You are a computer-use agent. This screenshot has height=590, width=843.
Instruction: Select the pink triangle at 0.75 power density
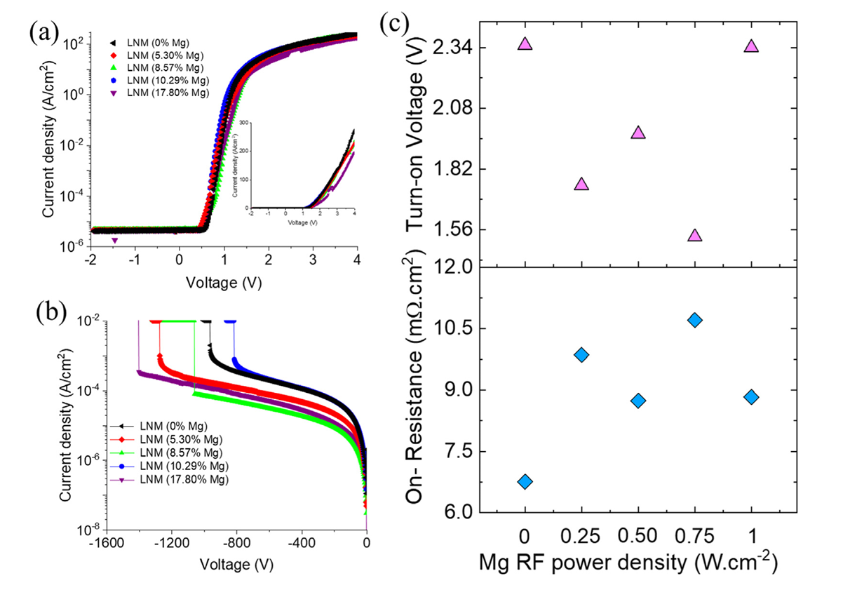(x=695, y=235)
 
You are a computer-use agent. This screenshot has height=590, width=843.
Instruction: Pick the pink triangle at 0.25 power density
(x=581, y=184)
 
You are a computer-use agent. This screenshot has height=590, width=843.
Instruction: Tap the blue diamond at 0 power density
(x=525, y=481)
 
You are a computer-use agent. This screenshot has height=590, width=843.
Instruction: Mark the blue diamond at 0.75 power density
(x=695, y=320)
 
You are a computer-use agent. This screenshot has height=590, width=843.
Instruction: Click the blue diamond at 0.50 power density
(x=638, y=401)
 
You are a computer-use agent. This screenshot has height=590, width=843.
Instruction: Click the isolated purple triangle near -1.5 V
(x=115, y=241)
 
